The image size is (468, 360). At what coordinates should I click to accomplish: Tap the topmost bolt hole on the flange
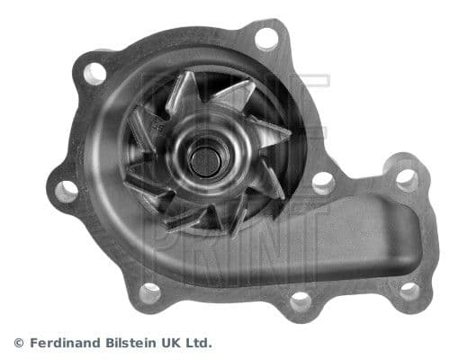[266, 38]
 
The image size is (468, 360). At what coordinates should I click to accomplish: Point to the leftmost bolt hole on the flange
[66, 190]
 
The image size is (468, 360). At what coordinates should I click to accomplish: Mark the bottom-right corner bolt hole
[409, 291]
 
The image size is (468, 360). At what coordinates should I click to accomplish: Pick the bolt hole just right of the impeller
[322, 183]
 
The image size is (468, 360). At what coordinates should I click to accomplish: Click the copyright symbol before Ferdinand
[19, 343]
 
